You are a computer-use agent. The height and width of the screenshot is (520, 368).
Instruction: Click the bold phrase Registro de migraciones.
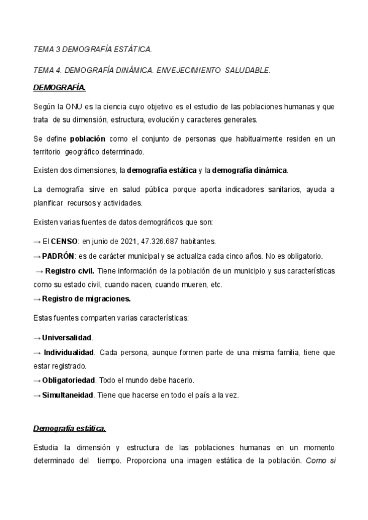coord(86,299)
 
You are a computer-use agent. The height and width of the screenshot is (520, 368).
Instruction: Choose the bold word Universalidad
coord(67,338)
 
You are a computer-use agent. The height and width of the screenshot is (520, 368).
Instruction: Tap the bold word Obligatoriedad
coord(67,380)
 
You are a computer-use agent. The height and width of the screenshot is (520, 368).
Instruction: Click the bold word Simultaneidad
coord(67,395)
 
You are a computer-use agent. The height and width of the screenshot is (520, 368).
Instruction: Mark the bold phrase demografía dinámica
coord(250,169)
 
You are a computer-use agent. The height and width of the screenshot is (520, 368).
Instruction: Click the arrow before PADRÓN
coord(37,255)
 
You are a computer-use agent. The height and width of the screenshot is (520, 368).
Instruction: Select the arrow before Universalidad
coord(37,338)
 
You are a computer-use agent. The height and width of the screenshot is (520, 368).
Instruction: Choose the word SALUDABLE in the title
coord(243,71)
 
